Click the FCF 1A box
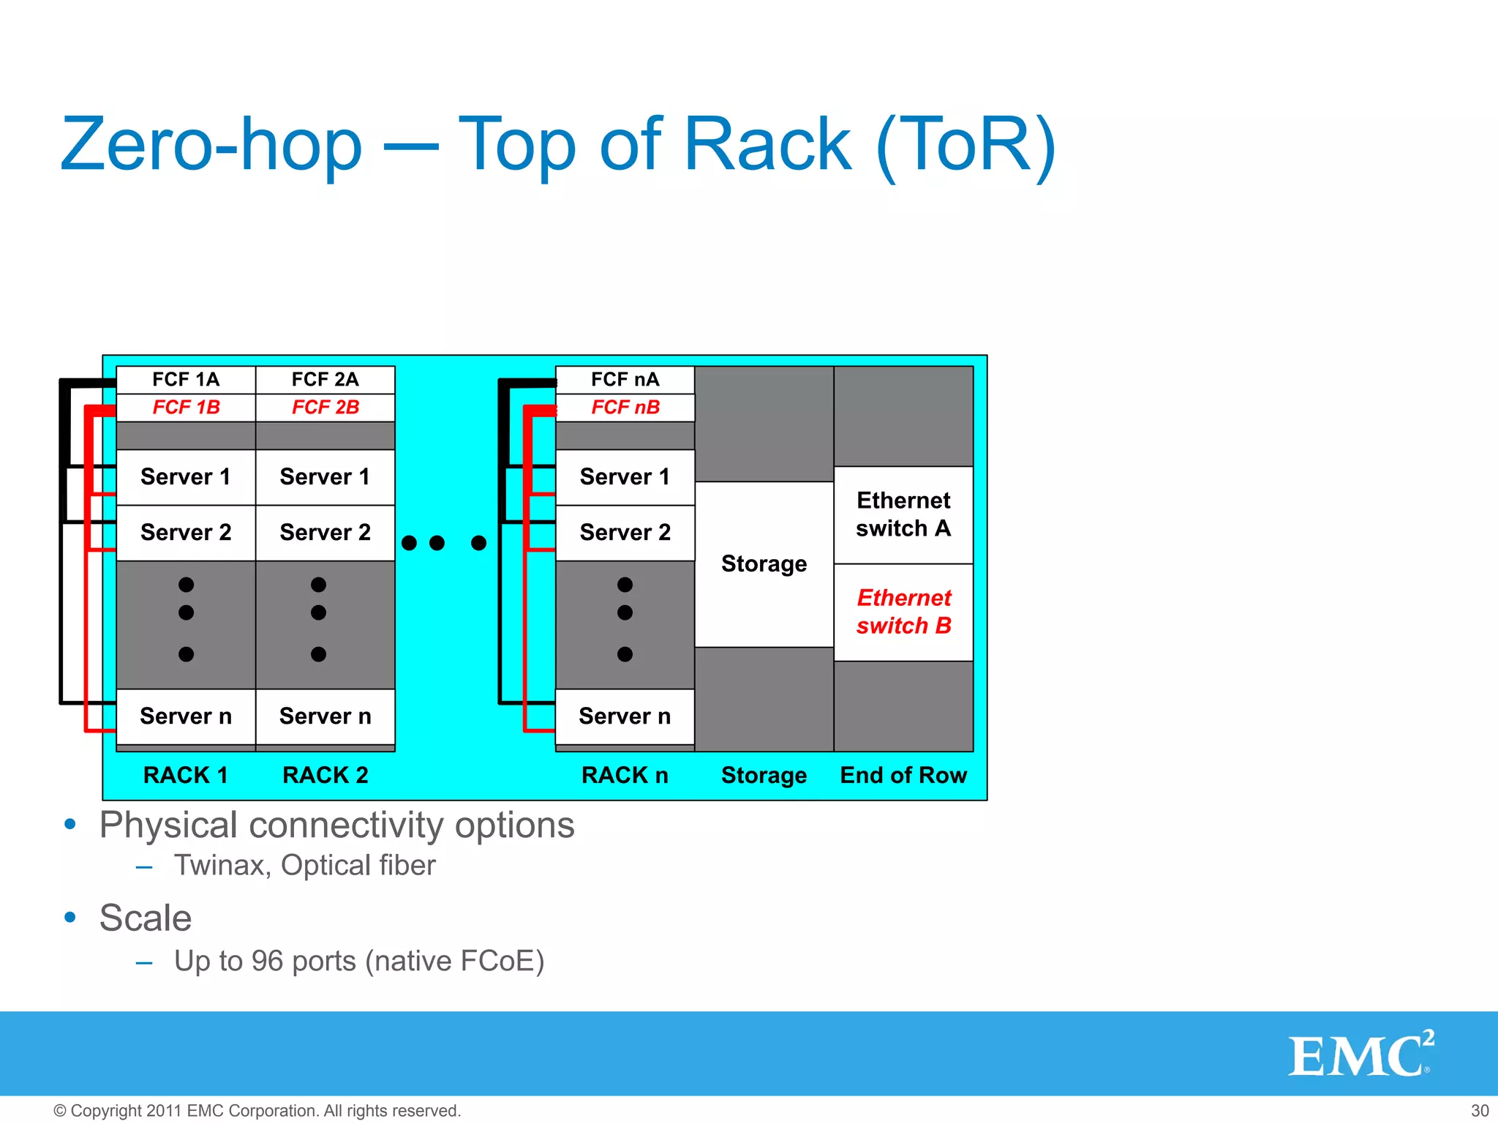click(186, 380)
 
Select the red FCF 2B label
click(325, 408)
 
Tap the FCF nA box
click(625, 380)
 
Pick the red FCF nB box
click(625, 408)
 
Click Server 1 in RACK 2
click(325, 477)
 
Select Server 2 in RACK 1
click(186, 533)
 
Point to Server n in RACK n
click(625, 716)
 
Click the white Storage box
click(764, 564)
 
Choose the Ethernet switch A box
click(903, 514)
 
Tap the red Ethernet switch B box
click(903, 612)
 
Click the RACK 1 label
click(186, 775)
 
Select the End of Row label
click(903, 775)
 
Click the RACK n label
click(625, 775)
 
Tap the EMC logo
click(1360, 1054)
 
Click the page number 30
click(1480, 1111)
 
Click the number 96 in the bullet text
click(267, 962)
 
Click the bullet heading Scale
click(146, 918)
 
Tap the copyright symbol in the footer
click(60, 1112)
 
